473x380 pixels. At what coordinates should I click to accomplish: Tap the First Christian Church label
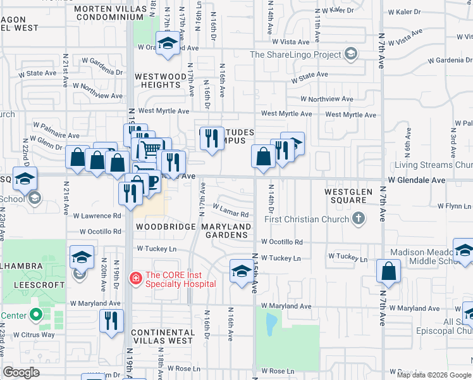307,220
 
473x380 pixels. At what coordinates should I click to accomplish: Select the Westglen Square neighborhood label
346,195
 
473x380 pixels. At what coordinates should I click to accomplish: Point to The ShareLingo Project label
295,54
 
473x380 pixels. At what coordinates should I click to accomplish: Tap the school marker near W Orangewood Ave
167,44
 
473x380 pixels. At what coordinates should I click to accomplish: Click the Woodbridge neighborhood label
162,226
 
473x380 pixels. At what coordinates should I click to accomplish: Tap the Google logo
21,372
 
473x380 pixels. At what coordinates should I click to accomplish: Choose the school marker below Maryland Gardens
240,271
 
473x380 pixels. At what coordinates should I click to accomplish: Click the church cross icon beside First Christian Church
359,220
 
